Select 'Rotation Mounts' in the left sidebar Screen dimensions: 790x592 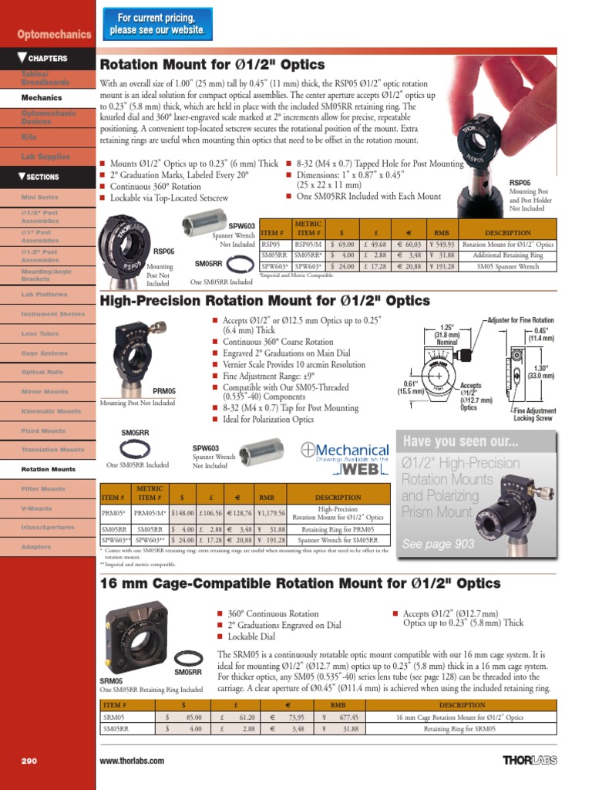49,469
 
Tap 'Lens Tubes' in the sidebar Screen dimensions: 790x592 40,333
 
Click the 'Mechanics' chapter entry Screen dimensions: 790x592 42,98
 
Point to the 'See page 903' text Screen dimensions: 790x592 438,544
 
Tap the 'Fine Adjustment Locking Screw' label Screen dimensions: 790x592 534,415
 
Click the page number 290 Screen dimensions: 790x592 29,761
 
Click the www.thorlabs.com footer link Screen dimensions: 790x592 132,761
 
